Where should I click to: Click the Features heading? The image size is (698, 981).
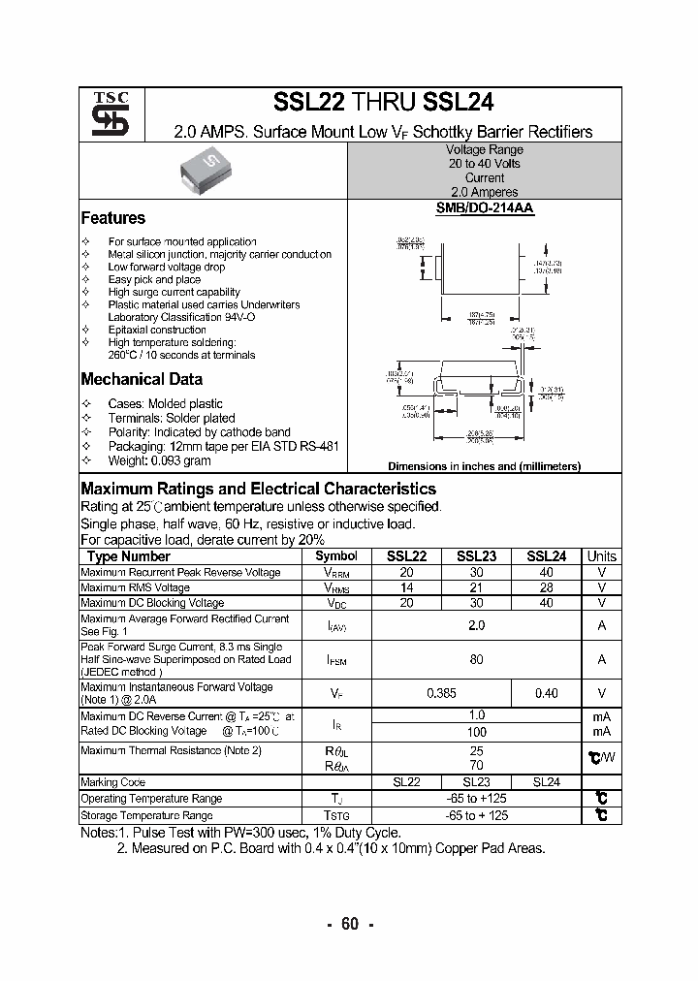[112, 218]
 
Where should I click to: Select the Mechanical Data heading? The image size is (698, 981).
[142, 379]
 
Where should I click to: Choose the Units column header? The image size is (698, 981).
[601, 556]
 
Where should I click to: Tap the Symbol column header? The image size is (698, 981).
[336, 556]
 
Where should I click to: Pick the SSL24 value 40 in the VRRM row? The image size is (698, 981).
[546, 572]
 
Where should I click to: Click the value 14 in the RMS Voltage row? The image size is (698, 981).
[406, 587]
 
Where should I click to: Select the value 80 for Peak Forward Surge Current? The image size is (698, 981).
[476, 659]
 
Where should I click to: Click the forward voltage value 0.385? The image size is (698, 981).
[441, 693]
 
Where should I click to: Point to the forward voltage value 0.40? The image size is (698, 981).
[546, 693]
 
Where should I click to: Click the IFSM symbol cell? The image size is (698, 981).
[336, 659]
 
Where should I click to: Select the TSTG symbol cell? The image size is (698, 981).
[336, 815]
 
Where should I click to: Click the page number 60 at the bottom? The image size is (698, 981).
[349, 924]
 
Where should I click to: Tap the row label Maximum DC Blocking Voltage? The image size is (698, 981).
[152, 603]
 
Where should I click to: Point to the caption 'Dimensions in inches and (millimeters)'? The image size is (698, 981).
[484, 466]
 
